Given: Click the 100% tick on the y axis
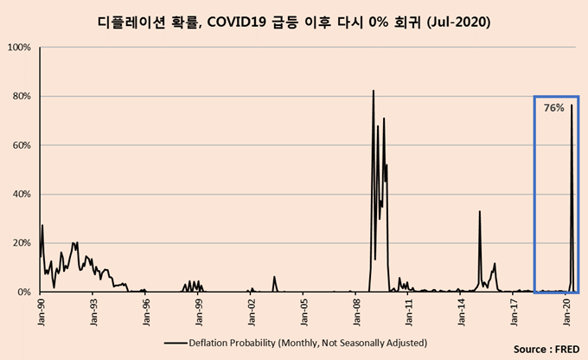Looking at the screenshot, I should click(20, 47).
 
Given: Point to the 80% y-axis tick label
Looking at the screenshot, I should click(22, 96).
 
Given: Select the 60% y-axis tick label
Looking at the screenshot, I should click(22, 145).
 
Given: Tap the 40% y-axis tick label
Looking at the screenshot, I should click(22, 195).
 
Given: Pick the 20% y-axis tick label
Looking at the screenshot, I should click(22, 243).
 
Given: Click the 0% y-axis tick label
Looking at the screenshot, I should click(25, 292).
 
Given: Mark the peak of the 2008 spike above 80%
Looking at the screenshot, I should click(374, 90).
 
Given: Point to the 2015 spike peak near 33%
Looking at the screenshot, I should click(479, 211).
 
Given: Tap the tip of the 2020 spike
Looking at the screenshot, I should click(572, 106).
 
